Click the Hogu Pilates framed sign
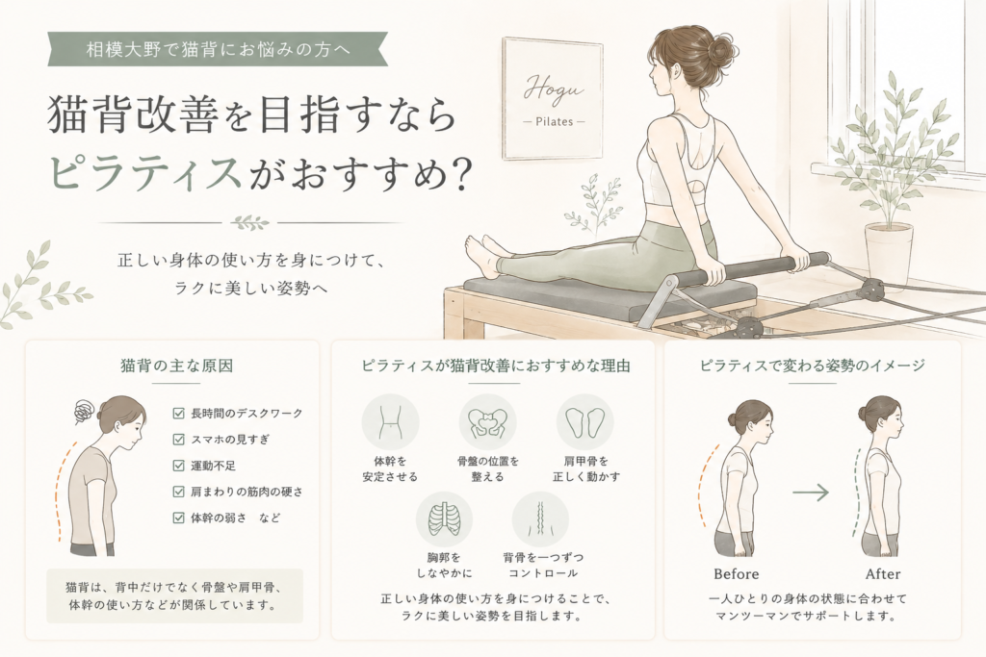point(552,98)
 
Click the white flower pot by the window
point(889,256)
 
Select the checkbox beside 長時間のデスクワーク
point(178,414)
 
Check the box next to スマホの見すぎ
point(178,440)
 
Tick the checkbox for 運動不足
point(178,466)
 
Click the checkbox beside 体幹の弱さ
point(178,518)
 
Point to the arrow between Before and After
point(811,493)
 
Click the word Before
point(737,574)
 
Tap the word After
point(883,574)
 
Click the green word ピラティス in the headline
point(145,171)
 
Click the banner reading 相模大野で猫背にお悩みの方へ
point(218,49)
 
